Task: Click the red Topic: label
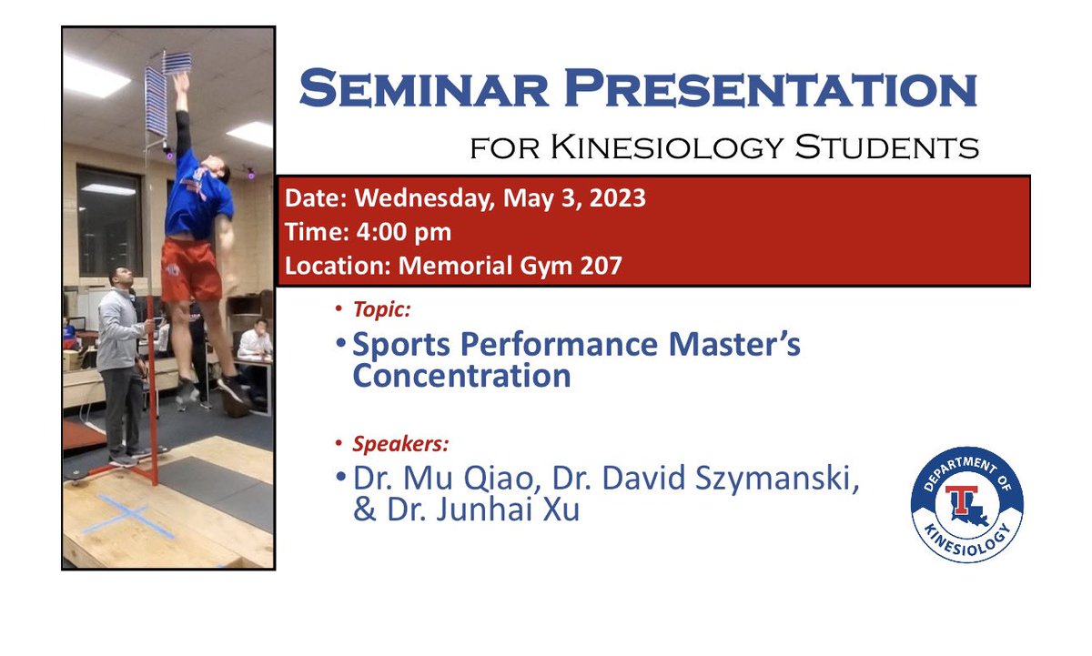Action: point(381,309)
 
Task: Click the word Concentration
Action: point(461,377)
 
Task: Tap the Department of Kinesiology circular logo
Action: point(966,504)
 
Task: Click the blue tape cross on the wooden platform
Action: point(130,516)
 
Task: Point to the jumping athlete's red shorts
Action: point(190,268)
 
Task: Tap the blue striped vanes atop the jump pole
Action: point(168,86)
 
